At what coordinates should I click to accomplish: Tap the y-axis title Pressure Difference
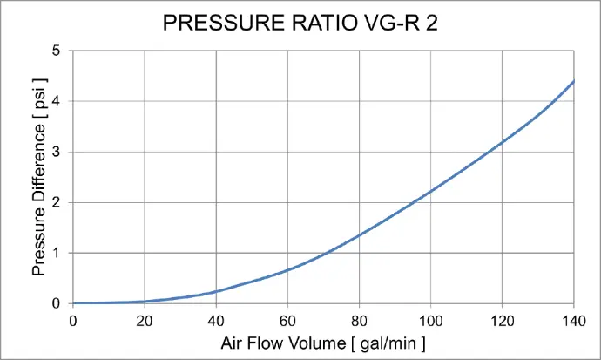coord(39,177)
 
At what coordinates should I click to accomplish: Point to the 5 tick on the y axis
coord(57,51)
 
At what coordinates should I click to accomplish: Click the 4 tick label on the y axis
coord(57,101)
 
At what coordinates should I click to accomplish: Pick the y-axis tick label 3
coord(57,152)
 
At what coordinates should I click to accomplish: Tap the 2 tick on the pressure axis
coord(57,202)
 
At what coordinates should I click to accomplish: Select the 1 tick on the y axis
coord(57,253)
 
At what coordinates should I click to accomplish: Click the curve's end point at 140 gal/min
coord(574,81)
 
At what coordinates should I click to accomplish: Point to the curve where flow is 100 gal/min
coord(430,193)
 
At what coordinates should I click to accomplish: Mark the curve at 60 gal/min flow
coord(287,269)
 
